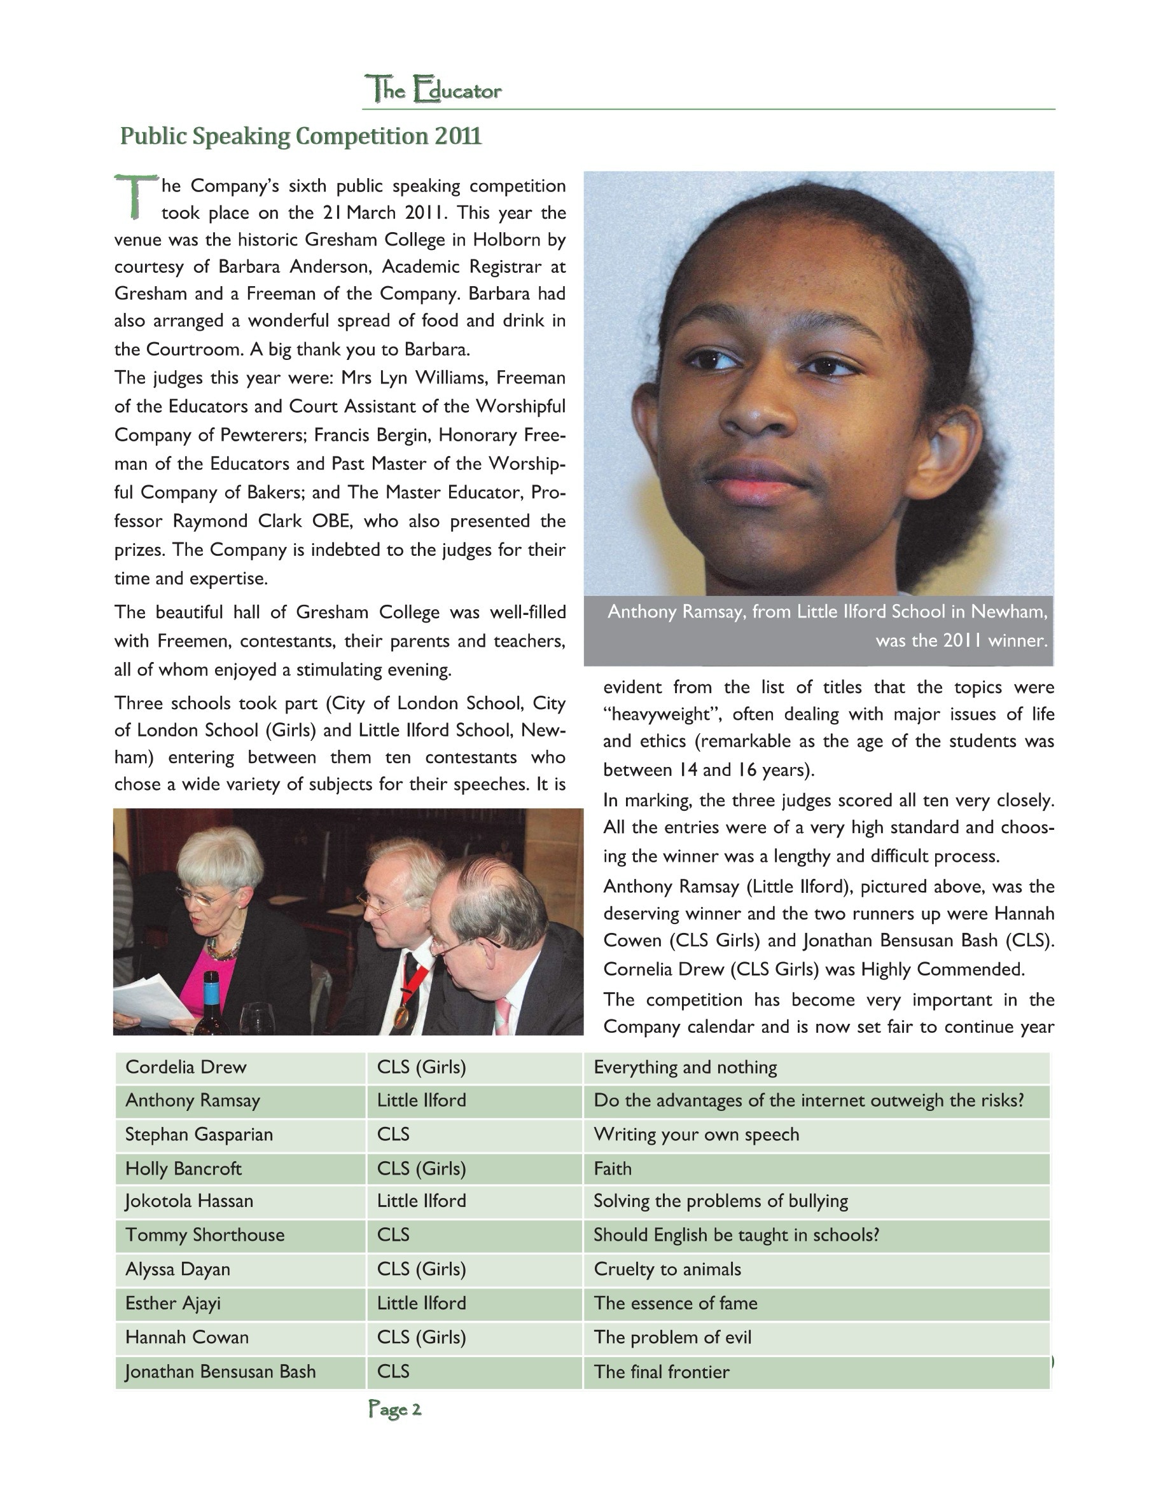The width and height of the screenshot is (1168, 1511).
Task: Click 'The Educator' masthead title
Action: click(433, 90)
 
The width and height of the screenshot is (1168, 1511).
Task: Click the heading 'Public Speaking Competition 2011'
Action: click(300, 136)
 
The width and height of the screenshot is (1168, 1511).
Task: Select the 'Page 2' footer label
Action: click(394, 1409)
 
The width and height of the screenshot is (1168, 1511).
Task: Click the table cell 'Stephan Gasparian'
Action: click(199, 1135)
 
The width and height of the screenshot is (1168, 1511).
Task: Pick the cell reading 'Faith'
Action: click(613, 1169)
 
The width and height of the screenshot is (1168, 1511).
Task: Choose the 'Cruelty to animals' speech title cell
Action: click(667, 1269)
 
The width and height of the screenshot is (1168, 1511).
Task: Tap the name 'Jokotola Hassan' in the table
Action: click(189, 1201)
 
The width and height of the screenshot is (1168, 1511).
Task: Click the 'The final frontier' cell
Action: click(662, 1372)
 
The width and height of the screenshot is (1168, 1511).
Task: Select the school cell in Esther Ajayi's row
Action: click(421, 1304)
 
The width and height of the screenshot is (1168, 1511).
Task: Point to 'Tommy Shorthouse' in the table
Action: click(205, 1235)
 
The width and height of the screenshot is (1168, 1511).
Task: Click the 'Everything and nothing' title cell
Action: click(685, 1068)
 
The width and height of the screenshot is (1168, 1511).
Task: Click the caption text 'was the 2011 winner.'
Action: click(961, 640)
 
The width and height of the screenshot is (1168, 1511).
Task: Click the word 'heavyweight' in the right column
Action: click(663, 714)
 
